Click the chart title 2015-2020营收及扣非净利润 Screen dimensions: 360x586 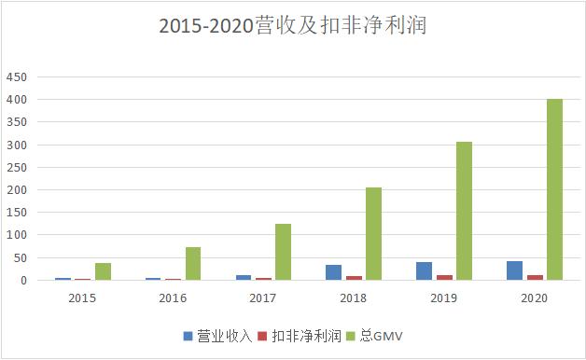pos(292,27)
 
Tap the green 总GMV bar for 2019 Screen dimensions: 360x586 pos(464,211)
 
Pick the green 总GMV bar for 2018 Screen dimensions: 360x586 pos(373,233)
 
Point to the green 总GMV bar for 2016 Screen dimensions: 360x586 pos(192,264)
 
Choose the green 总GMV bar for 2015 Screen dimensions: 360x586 pos(102,271)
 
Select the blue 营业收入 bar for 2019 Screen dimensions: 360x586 pos(424,270)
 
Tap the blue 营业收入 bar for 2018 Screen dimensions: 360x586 pos(333,272)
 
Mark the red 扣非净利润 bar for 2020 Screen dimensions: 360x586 pos(534,277)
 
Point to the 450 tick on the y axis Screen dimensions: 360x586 pos(17,76)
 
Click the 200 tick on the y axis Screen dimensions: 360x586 pos(17,190)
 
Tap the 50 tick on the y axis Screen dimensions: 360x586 pos(20,257)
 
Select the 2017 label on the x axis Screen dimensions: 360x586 pos(262,298)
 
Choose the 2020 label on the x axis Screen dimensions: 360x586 pos(534,298)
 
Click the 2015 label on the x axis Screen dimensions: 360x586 pos(81,298)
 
